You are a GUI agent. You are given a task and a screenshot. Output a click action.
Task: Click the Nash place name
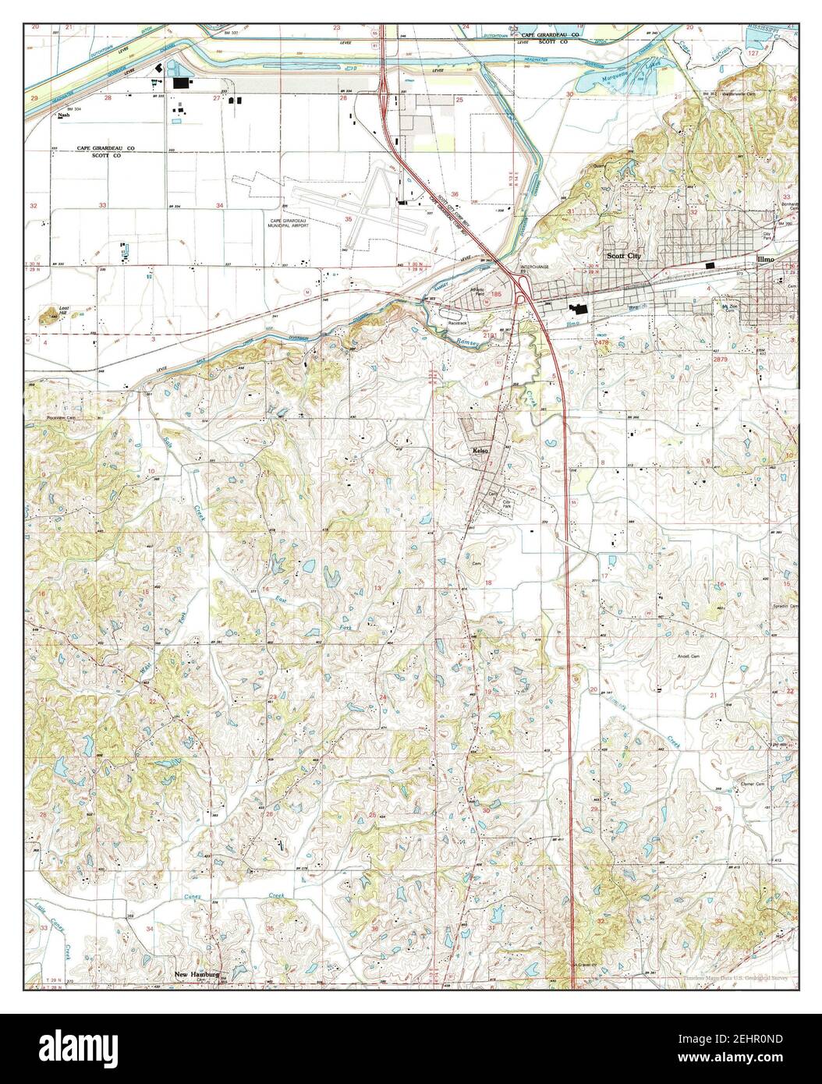(63, 115)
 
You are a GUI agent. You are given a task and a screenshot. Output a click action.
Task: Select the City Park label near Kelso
(507, 505)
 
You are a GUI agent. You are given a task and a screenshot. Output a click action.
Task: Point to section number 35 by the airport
(348, 220)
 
